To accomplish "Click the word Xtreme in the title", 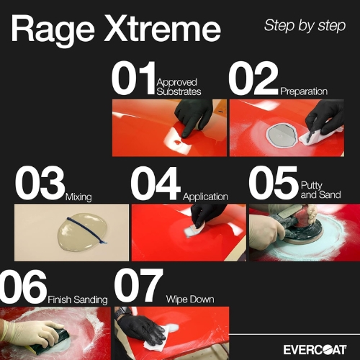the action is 162,29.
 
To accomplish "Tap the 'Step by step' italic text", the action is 305,26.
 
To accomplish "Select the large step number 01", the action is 133,78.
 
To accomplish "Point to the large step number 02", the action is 253,78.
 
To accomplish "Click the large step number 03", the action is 40,183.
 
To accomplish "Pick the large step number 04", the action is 156,183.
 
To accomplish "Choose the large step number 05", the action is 274,183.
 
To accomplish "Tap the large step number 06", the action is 23,287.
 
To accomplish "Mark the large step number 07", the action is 138,287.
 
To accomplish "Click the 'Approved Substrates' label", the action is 179,87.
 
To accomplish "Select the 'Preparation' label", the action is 304,91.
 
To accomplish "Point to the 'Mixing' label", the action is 78,197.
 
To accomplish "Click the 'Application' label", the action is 205,197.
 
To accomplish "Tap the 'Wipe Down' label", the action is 190,300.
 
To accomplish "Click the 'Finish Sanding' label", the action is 78,300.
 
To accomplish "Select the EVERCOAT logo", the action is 315,350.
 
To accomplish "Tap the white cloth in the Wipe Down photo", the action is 155,341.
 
